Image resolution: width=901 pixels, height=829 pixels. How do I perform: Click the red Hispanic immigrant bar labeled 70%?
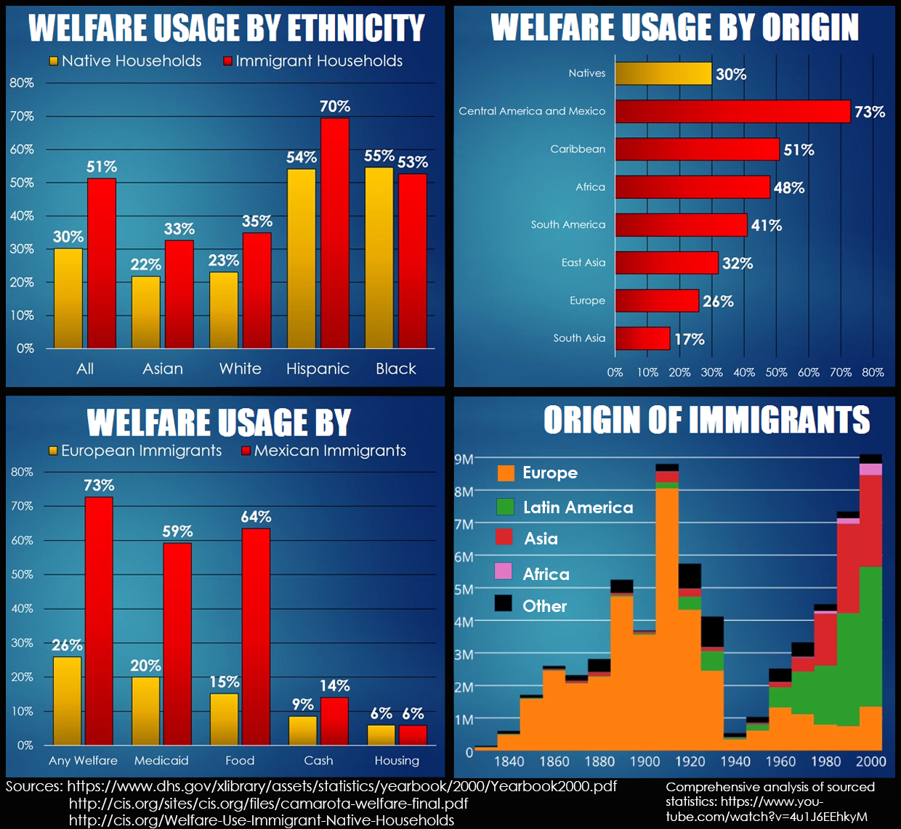(335, 232)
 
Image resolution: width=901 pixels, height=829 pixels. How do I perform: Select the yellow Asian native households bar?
(146, 312)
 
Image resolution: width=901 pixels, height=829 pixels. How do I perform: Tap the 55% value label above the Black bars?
(379, 156)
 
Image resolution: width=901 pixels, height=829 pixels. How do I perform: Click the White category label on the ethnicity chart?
(241, 369)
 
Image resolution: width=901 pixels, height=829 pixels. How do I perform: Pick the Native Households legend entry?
(125, 61)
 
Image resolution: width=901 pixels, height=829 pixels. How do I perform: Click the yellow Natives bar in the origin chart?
(663, 73)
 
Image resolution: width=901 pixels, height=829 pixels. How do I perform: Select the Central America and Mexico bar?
(732, 112)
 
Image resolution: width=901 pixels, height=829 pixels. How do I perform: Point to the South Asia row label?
(579, 338)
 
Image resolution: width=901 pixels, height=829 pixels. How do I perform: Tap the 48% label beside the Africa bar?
(789, 188)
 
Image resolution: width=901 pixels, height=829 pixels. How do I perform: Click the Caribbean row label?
(578, 149)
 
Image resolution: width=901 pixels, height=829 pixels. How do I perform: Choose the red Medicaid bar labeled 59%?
(177, 643)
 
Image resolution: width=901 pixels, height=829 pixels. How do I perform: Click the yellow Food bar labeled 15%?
(225, 719)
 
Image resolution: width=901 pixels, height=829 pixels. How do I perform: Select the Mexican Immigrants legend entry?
(323, 451)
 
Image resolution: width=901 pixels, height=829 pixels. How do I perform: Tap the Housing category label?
(397, 761)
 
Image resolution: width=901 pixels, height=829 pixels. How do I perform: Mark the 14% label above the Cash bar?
(334, 686)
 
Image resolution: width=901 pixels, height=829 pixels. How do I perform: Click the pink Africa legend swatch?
(504, 571)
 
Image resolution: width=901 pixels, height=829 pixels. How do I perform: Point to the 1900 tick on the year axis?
(645, 761)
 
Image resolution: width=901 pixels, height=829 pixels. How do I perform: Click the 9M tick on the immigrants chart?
(464, 459)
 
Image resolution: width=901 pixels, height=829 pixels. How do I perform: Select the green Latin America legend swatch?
(505, 507)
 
